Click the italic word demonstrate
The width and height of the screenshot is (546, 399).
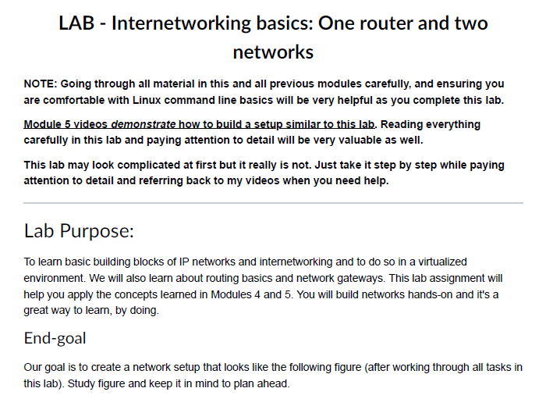(x=144, y=124)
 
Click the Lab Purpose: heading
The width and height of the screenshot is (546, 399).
(x=80, y=231)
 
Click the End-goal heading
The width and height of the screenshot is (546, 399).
(x=55, y=338)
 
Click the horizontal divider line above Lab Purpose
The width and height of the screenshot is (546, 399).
(x=273, y=203)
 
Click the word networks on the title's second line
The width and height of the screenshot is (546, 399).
(x=273, y=53)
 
